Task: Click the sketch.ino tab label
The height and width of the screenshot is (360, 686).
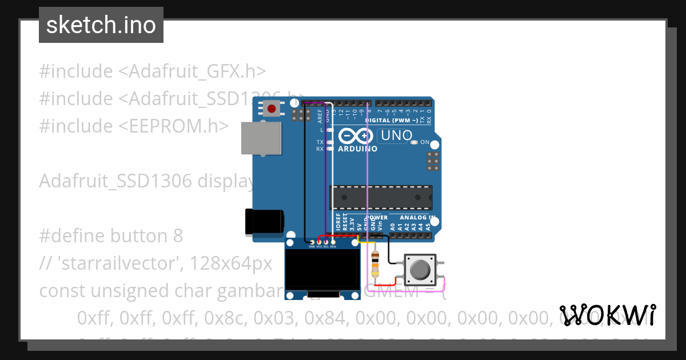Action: point(101,25)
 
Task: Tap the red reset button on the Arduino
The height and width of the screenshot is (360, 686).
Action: point(272,108)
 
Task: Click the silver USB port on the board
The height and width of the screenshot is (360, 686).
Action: point(261,138)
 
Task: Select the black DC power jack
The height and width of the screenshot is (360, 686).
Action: point(264,222)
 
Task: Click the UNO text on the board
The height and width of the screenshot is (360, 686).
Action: point(397,135)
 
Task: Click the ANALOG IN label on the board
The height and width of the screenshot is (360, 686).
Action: point(417,218)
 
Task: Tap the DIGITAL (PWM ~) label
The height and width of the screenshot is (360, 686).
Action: point(393,121)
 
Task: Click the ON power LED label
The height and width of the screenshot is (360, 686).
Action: point(424,142)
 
